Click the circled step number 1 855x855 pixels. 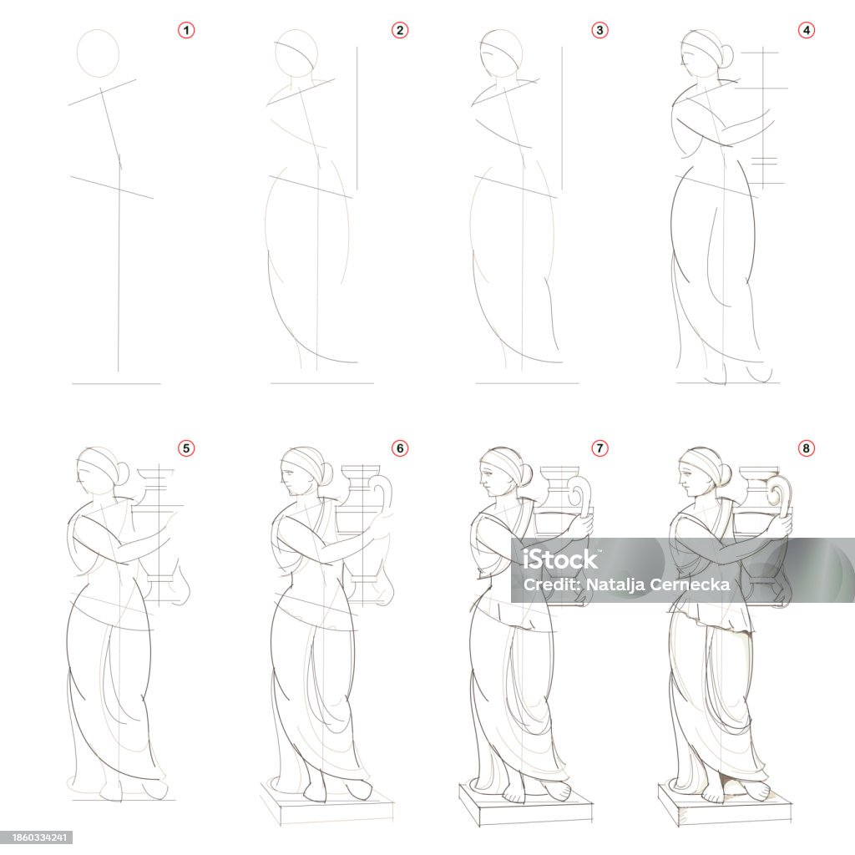pyautogui.click(x=186, y=31)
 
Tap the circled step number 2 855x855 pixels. pyautogui.click(x=399, y=31)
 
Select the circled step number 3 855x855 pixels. pyautogui.click(x=599, y=31)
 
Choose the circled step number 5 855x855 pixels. pyautogui.click(x=186, y=448)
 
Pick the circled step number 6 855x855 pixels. pyautogui.click(x=399, y=448)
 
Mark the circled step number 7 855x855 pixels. pyautogui.click(x=599, y=448)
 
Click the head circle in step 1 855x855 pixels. pyautogui.click(x=98, y=53)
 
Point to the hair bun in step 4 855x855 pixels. pyautogui.click(x=726, y=56)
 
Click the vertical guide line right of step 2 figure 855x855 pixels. pyautogui.click(x=357, y=117)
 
